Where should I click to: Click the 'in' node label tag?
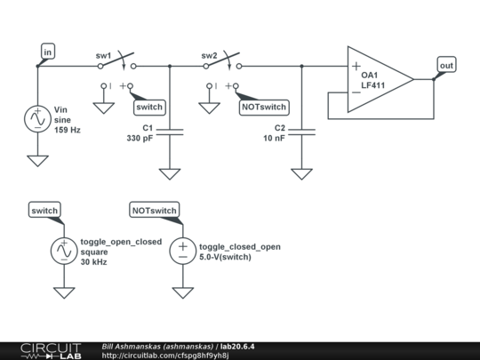(x=48, y=52)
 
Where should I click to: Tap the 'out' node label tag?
(x=446, y=65)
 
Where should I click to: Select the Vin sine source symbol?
(x=37, y=119)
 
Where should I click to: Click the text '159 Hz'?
(x=68, y=130)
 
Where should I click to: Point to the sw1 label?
(x=103, y=56)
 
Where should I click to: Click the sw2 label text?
(x=209, y=56)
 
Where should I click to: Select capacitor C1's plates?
(x=170, y=132)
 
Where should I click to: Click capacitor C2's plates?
(x=302, y=132)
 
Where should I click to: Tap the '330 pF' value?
(x=140, y=138)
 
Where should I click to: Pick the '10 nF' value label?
(x=274, y=138)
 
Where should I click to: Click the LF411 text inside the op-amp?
(x=372, y=85)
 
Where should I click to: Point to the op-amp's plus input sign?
(x=356, y=66)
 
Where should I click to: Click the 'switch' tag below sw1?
(x=149, y=108)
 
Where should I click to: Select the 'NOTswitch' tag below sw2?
(x=264, y=108)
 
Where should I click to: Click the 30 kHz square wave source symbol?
(x=64, y=251)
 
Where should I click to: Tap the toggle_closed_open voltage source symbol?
(x=183, y=251)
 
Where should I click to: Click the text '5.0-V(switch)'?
(x=225, y=257)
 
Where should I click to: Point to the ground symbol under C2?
(x=302, y=174)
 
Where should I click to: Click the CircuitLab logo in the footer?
(x=52, y=351)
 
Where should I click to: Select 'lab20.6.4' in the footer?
(x=237, y=347)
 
